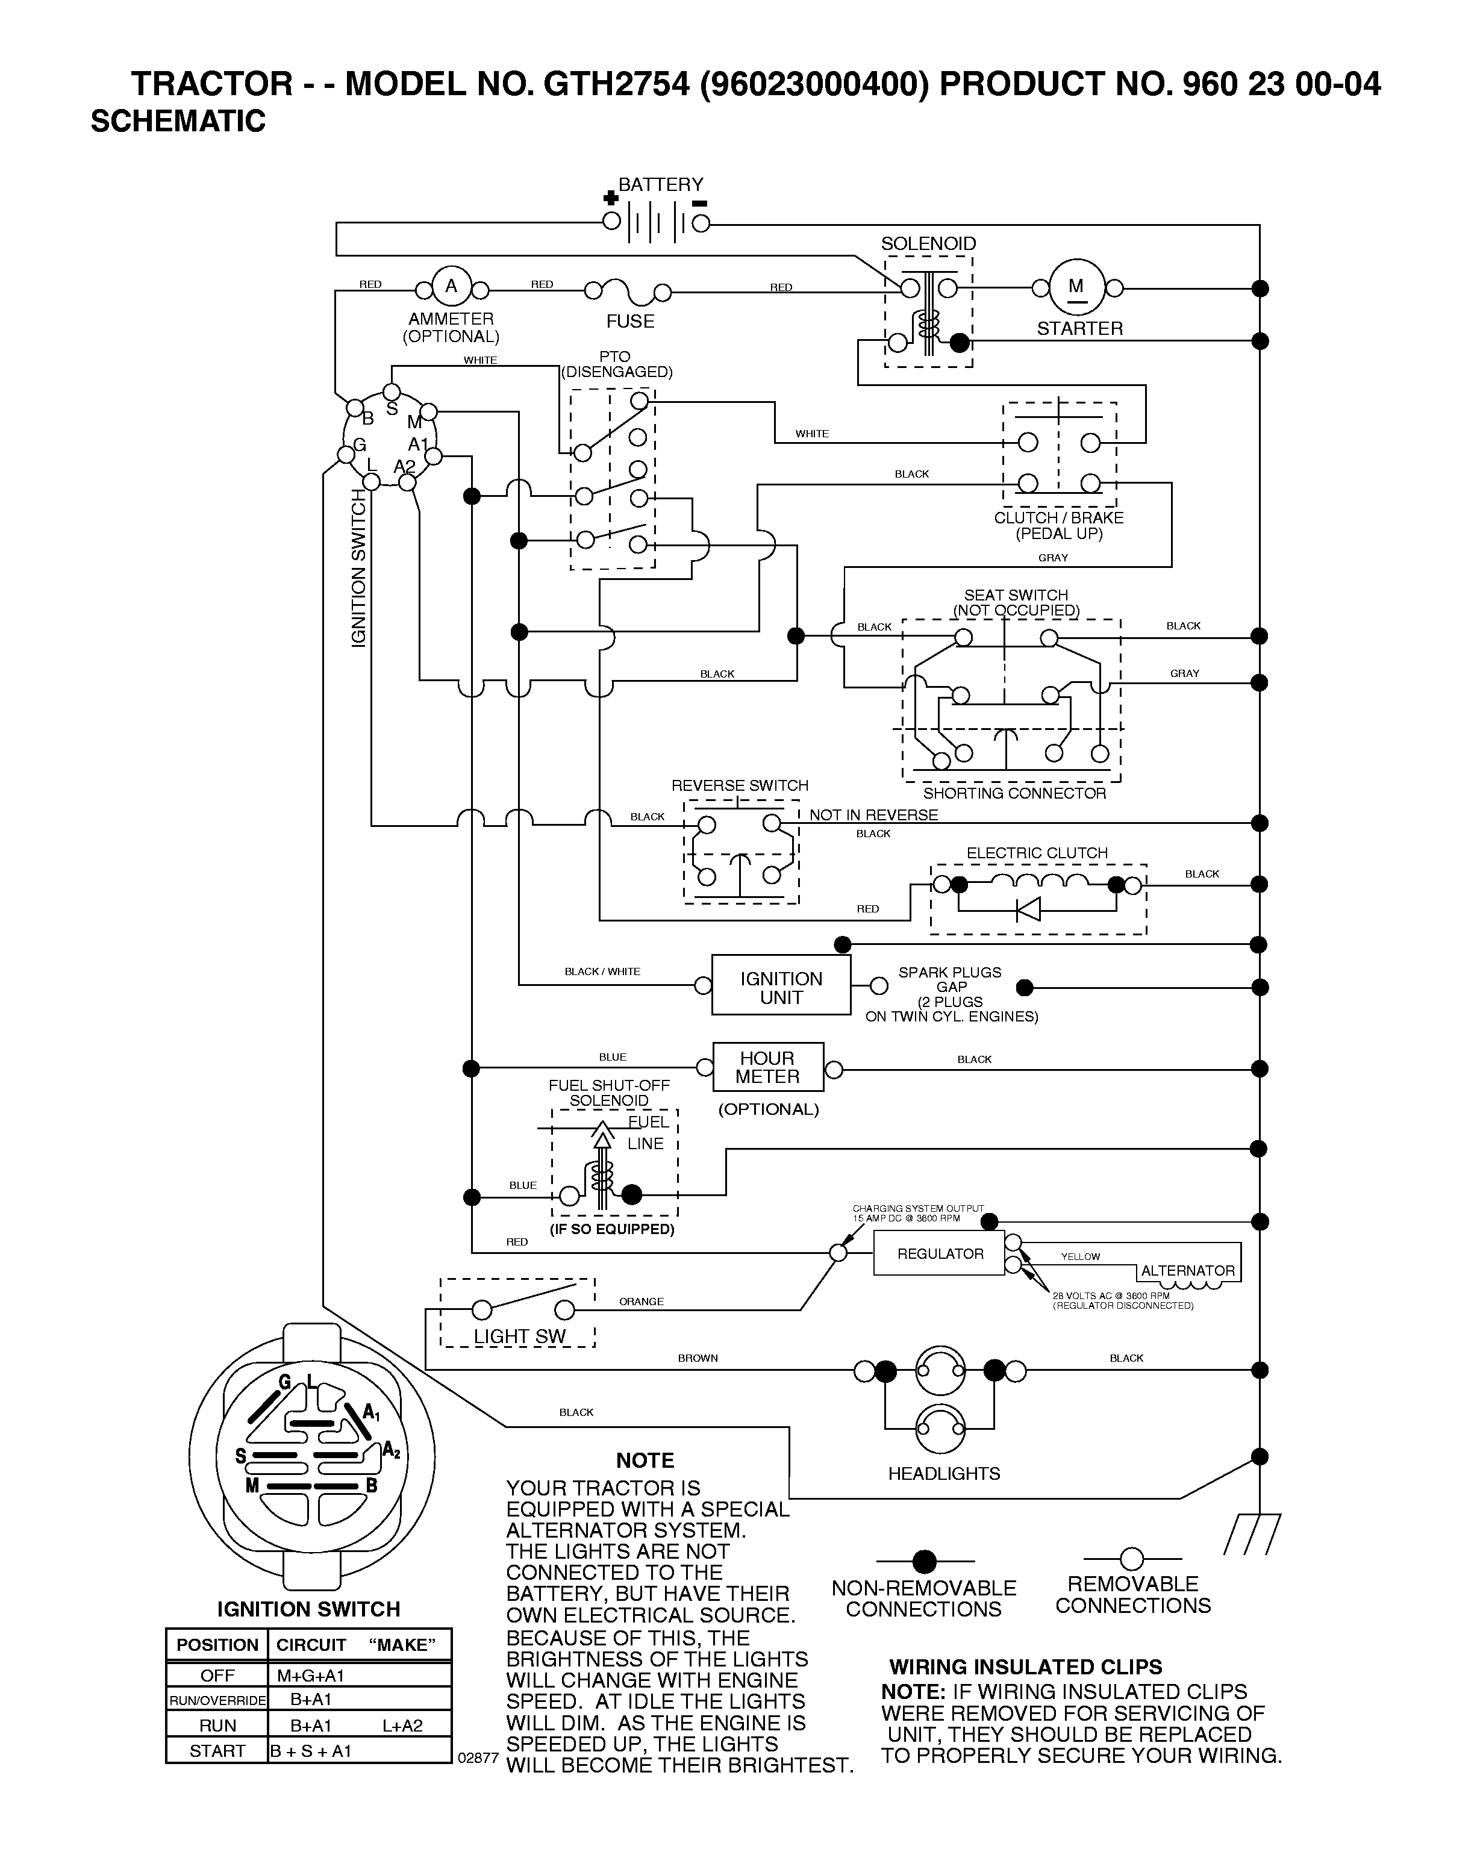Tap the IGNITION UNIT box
[781, 987]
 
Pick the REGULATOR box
[939, 1253]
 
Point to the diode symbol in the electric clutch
[1028, 909]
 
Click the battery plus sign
[611, 198]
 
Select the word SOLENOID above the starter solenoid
[928, 243]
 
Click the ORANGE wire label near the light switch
[641, 1302]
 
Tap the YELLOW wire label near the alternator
[1080, 1256]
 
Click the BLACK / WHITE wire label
[602, 971]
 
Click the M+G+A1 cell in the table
[310, 1675]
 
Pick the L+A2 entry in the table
[402, 1726]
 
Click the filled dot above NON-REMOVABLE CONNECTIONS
[924, 1561]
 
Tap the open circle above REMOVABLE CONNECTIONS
[1132, 1558]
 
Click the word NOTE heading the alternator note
[645, 1461]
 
